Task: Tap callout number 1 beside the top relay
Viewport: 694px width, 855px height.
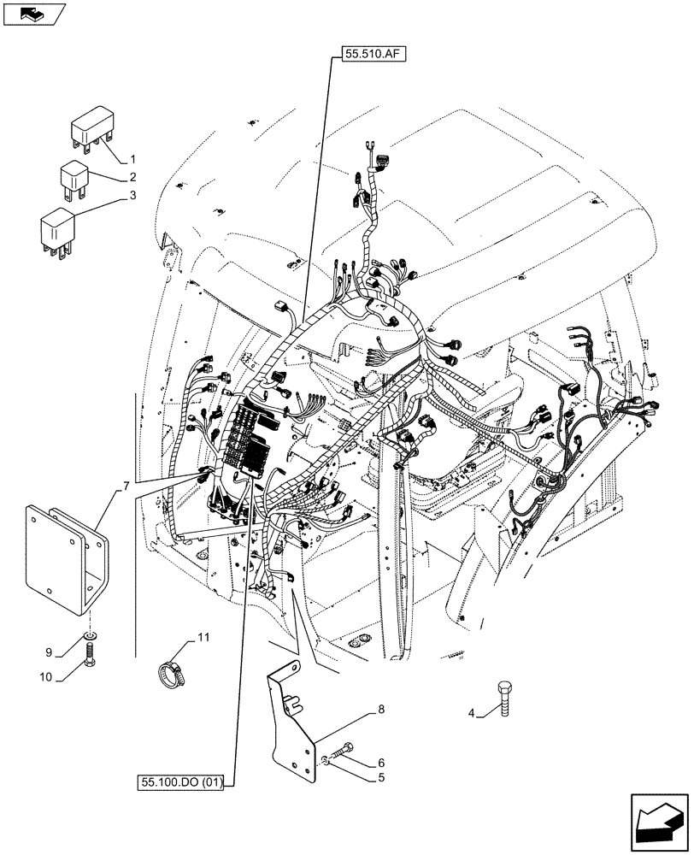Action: (x=132, y=159)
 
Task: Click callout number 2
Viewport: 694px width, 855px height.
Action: (x=133, y=178)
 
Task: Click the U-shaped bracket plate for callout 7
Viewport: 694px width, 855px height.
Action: (x=60, y=560)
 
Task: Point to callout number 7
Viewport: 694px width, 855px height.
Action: (x=126, y=486)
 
